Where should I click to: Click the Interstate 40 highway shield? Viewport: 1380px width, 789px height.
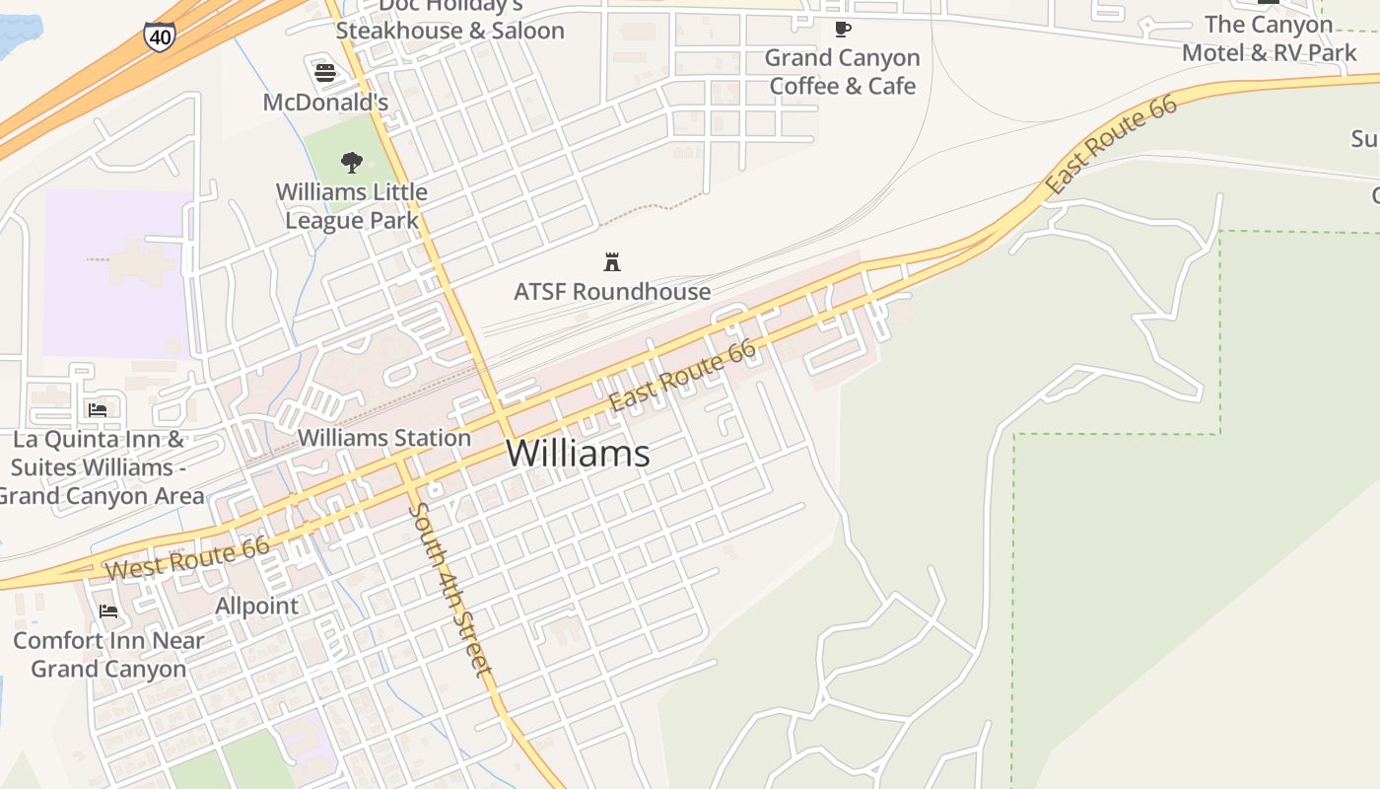158,36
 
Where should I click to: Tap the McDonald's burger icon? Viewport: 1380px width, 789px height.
325,72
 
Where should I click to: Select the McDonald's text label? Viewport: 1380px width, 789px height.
325,102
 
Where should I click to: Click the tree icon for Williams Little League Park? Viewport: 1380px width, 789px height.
351,162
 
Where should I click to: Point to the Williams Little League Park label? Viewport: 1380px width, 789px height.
352,205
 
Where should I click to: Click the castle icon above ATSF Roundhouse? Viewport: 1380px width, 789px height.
612,261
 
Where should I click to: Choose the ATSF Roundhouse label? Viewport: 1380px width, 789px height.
612,291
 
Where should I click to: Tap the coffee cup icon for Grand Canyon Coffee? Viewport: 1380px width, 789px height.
842,29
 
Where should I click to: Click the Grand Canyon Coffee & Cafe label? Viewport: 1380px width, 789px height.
842,72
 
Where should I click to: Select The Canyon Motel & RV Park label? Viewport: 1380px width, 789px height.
1269,38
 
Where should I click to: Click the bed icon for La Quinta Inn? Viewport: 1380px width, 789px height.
97,409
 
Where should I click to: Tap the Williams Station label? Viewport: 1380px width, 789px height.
384,437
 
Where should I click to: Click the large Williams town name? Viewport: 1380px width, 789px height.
578,453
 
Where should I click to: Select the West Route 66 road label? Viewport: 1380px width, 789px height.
187,557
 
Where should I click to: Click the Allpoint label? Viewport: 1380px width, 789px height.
256,606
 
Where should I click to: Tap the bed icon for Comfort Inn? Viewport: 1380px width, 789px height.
108,611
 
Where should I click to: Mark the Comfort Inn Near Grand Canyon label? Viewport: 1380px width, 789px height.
108,654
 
